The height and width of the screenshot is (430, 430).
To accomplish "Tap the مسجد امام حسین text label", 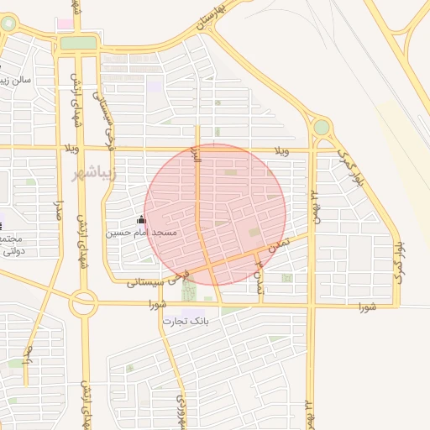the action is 141,232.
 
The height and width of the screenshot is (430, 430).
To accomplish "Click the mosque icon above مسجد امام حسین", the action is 141,220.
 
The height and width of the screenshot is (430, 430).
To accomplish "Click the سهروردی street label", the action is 180,411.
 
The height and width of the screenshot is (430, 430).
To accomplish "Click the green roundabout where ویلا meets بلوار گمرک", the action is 321,128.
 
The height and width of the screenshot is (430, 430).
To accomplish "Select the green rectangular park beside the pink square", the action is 78,42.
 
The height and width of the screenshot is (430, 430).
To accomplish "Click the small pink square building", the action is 65,24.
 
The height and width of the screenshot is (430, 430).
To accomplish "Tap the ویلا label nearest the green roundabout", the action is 282,151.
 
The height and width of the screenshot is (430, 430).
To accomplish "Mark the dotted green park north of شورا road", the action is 187,289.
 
